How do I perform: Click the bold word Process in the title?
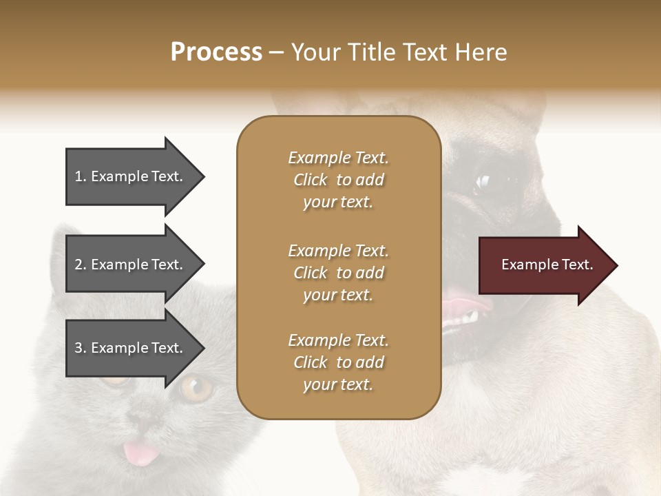216,52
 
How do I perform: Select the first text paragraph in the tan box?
338,180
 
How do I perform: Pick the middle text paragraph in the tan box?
338,273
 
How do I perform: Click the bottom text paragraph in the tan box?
338,362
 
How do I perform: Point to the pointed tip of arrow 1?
203,177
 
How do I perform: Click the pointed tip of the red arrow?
616,265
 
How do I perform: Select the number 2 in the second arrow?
78,265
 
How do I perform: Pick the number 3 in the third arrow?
78,348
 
